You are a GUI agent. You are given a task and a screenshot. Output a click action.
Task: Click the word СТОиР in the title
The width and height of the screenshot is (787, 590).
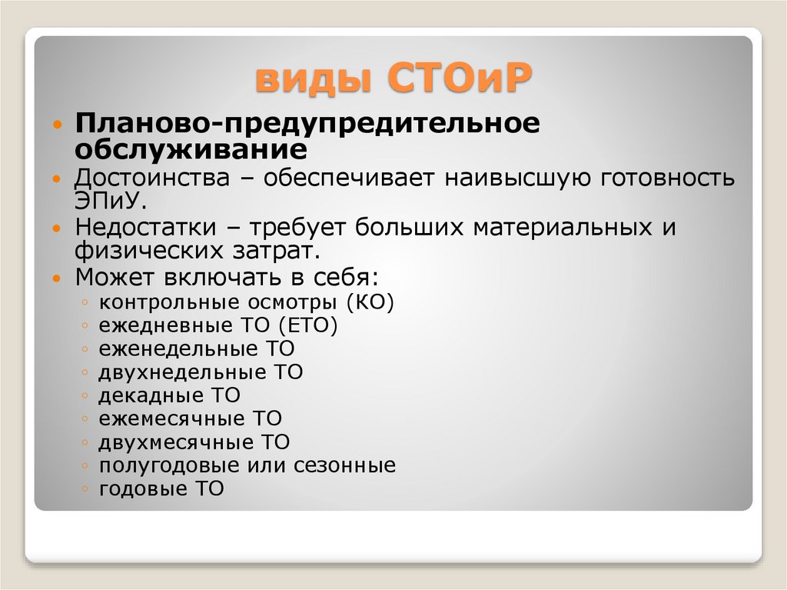point(460,80)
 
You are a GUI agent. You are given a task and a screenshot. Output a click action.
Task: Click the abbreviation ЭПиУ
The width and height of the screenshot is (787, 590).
point(108,202)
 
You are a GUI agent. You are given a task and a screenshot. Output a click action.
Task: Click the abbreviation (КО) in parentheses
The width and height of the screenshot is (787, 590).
point(370,302)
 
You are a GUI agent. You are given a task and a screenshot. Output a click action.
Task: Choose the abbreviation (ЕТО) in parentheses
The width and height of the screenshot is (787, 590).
point(307,325)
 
